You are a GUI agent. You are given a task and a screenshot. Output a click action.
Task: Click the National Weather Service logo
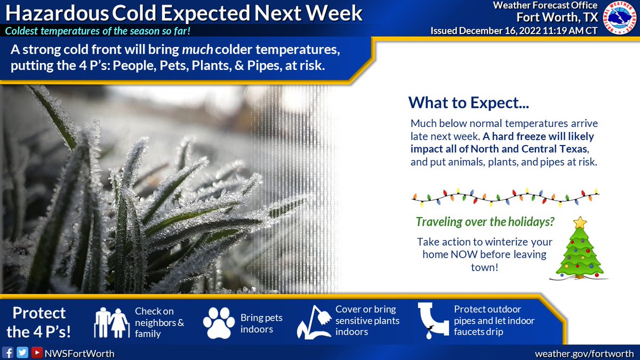(x=619, y=18)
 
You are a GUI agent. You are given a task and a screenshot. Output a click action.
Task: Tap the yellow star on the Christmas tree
(x=580, y=222)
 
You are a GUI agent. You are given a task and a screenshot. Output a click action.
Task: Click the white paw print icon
(x=219, y=323)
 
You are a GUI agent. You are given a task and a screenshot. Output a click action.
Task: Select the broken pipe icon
(x=433, y=321)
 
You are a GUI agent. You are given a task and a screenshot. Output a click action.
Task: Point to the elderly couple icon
(x=111, y=323)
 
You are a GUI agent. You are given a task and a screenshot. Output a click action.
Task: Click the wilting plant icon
(x=314, y=322)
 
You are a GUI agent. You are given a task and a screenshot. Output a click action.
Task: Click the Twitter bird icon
(x=22, y=353)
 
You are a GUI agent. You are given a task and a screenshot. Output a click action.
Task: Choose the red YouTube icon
(x=37, y=353)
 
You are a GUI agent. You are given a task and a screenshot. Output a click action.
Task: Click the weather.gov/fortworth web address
(x=584, y=354)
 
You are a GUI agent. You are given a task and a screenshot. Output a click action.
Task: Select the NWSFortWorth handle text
(x=79, y=354)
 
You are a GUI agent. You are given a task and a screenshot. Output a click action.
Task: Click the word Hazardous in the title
(x=57, y=13)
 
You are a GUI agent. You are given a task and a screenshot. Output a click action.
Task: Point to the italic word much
(x=197, y=50)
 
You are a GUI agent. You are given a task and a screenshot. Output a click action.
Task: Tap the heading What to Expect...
(x=469, y=102)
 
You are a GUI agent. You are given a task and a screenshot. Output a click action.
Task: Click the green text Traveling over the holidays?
(x=485, y=222)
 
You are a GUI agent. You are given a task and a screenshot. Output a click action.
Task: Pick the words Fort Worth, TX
(x=557, y=18)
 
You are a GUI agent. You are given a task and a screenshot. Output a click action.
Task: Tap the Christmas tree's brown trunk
(x=579, y=276)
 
